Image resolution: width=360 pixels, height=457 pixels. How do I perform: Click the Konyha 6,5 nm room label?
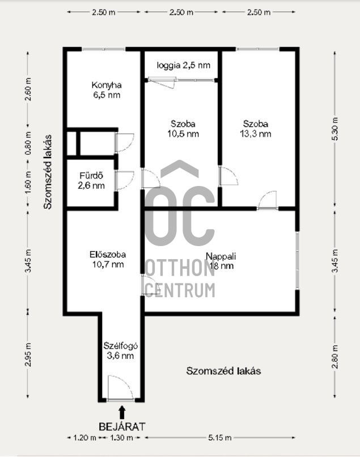click(x=107, y=90)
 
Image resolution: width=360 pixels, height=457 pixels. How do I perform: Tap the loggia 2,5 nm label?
click(x=183, y=65)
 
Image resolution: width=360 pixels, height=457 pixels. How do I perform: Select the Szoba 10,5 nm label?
click(x=183, y=129)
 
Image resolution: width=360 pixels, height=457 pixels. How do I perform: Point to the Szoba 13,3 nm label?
click(x=255, y=129)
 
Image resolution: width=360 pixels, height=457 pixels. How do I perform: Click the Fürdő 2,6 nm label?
click(x=91, y=181)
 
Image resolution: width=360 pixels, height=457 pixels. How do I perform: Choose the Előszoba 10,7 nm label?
click(x=108, y=259)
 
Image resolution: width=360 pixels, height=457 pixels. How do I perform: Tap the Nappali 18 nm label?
click(x=221, y=261)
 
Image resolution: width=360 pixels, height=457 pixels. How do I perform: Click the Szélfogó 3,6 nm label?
click(x=120, y=350)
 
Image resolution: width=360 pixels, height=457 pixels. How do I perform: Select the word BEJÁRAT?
click(x=122, y=427)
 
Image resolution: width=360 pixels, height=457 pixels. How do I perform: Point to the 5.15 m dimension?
click(x=220, y=438)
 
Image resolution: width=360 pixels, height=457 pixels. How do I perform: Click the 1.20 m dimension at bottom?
click(x=85, y=438)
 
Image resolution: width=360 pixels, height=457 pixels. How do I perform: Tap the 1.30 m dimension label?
click(x=121, y=438)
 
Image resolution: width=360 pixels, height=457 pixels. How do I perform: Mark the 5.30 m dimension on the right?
click(x=335, y=129)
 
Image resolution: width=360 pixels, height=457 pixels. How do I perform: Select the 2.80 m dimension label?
click(x=335, y=357)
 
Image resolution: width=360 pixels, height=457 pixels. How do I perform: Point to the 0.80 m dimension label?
click(x=28, y=143)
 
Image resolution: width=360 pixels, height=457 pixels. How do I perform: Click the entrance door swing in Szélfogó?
click(x=120, y=388)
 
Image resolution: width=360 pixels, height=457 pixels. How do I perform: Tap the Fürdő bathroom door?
click(x=125, y=181)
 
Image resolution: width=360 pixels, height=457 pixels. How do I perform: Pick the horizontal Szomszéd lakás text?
click(x=223, y=371)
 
